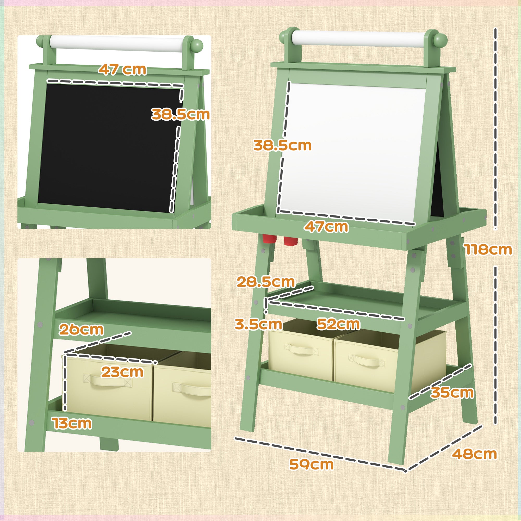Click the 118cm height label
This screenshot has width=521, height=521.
488,249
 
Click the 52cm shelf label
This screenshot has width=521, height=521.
338,324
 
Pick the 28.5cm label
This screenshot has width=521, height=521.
266,282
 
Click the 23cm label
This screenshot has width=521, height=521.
122,372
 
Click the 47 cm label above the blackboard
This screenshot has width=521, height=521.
122,70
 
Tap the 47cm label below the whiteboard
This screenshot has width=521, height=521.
326,227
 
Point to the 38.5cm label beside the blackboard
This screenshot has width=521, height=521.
180,114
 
